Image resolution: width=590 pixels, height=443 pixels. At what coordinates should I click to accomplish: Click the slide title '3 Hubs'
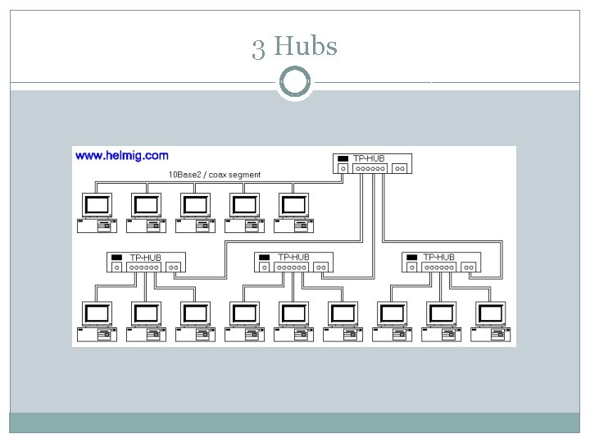(295, 47)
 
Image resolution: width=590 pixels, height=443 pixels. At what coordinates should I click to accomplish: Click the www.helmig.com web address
(121, 155)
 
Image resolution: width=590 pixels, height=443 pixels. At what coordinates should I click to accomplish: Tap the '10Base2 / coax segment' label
(215, 175)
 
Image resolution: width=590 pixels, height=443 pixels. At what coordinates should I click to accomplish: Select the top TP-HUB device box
(371, 163)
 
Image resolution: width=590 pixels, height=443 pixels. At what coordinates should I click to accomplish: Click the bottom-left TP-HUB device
(147, 263)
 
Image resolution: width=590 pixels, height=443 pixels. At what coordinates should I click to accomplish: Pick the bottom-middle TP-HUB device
(293, 263)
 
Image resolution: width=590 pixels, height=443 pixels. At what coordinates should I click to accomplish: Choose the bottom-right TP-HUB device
(441, 263)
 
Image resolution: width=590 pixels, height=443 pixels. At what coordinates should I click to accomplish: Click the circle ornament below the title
(295, 82)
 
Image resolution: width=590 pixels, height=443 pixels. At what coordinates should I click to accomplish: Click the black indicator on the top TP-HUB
(343, 158)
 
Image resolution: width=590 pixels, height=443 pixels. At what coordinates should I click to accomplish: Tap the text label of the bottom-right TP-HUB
(439, 258)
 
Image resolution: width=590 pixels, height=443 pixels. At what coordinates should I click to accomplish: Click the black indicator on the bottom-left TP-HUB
(116, 258)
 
